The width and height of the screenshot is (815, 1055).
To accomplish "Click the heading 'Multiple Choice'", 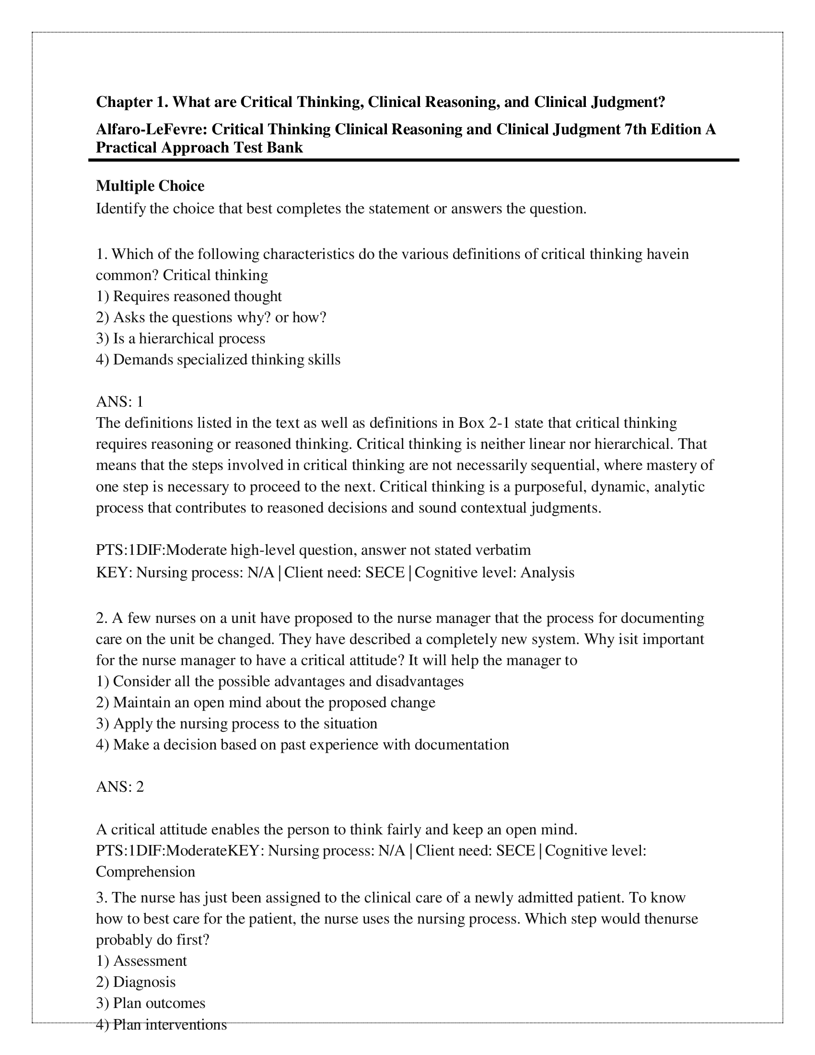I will click(150, 186).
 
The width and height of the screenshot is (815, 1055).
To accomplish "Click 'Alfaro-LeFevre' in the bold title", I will click(151, 129).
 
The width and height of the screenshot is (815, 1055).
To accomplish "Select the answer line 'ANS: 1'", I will click(120, 402).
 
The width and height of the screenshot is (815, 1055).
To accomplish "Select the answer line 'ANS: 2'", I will click(120, 787).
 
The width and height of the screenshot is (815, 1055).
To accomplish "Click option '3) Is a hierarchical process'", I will click(181, 339).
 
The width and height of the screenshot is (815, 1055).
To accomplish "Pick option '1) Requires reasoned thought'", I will click(189, 296).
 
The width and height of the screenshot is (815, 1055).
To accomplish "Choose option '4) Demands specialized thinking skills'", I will click(218, 360).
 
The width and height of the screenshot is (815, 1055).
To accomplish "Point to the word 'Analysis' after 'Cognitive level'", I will click(547, 573).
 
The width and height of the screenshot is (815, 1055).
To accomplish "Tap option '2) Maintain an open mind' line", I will click(266, 703).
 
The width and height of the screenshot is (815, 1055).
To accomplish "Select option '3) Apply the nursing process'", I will click(236, 724).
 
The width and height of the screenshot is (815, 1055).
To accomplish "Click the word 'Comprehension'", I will click(145, 872).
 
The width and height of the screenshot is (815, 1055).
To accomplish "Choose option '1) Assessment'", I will click(141, 961).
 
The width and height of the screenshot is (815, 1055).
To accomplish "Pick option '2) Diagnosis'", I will click(136, 982).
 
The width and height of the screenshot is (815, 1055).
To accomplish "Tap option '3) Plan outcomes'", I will click(151, 1003).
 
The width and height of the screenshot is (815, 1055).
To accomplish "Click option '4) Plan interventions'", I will click(161, 1025).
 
